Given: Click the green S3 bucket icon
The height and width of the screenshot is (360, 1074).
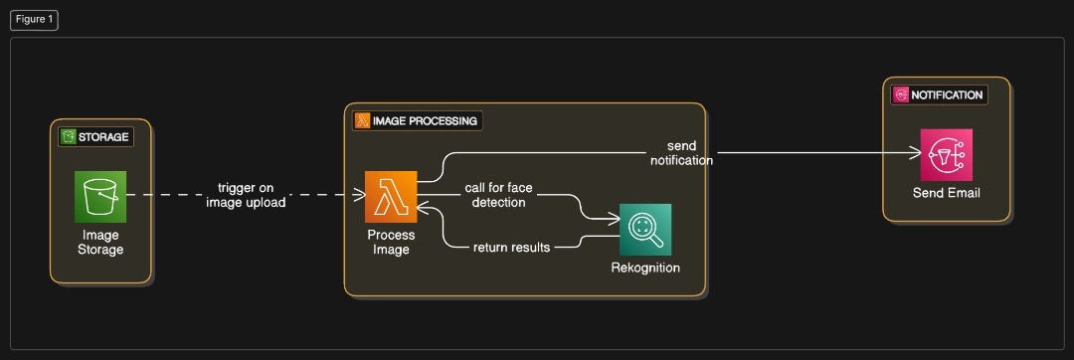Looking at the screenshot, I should [x=99, y=196].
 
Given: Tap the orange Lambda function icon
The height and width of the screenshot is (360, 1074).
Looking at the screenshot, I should [x=390, y=196].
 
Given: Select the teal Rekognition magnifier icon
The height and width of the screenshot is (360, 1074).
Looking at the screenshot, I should [x=645, y=229].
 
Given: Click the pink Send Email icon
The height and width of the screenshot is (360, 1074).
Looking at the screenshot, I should [x=946, y=154].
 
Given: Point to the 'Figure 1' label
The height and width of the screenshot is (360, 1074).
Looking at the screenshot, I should [x=35, y=20].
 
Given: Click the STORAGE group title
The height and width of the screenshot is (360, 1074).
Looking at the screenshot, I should [x=103, y=137].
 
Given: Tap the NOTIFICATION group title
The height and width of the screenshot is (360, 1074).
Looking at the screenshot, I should [x=947, y=95].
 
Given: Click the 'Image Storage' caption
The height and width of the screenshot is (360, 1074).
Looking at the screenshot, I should [x=100, y=242].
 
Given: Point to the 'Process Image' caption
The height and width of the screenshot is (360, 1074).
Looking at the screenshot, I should [x=391, y=242].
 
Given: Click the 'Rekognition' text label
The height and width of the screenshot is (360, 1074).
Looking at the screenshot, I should [x=645, y=268].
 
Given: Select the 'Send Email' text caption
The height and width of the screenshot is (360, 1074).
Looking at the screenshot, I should [x=946, y=192].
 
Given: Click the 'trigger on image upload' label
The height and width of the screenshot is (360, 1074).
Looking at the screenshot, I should [x=246, y=195].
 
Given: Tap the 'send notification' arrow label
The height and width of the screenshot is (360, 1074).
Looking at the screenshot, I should [x=681, y=153].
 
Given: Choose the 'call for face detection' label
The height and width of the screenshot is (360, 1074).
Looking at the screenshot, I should [x=498, y=195].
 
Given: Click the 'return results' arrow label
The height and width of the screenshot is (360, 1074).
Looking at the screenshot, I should [x=511, y=247].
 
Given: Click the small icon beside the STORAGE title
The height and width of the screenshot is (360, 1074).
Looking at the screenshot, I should [x=69, y=137].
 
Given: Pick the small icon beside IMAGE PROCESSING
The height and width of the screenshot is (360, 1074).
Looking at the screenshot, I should [x=363, y=121].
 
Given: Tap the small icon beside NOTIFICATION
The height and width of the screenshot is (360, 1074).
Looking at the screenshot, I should [x=902, y=95].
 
